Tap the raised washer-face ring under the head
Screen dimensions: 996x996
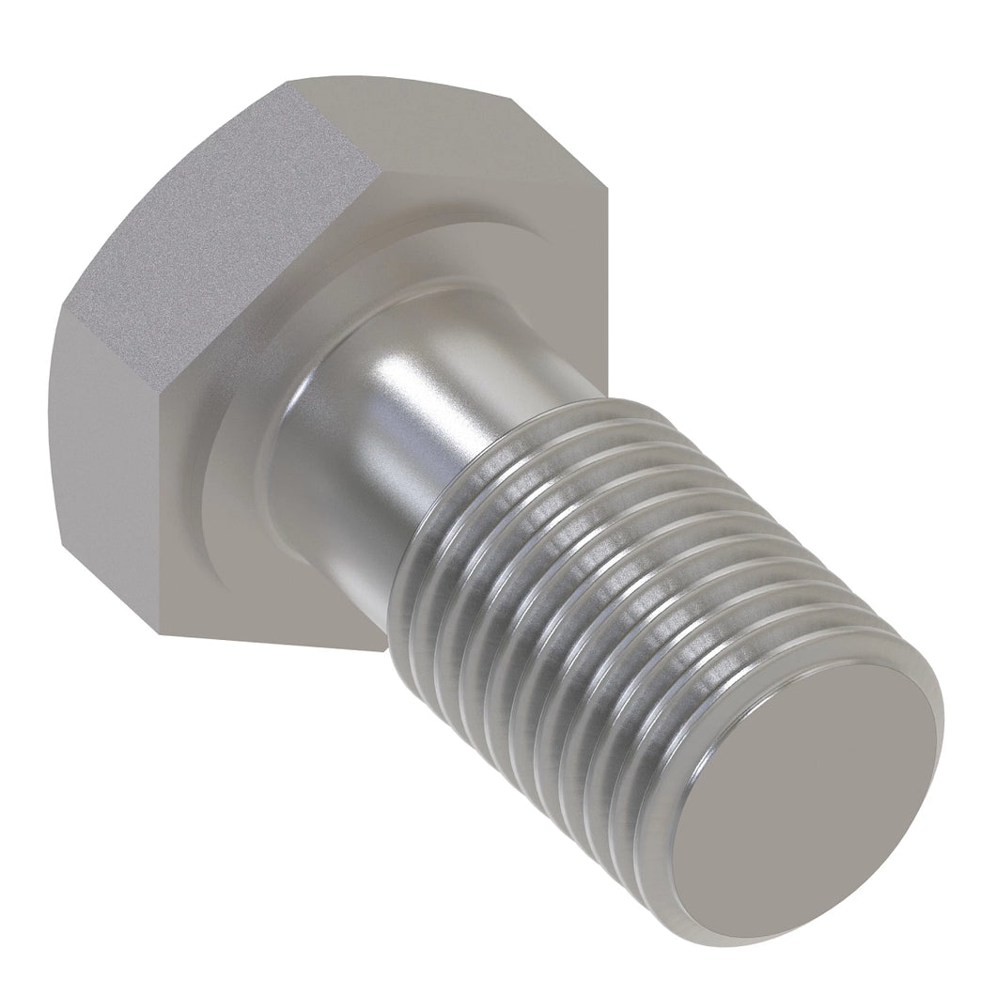pyautogui.click(x=235, y=489)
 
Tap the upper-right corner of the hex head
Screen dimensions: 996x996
pyautogui.click(x=606, y=188)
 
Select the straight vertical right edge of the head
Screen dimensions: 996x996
pyautogui.click(x=607, y=282)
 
